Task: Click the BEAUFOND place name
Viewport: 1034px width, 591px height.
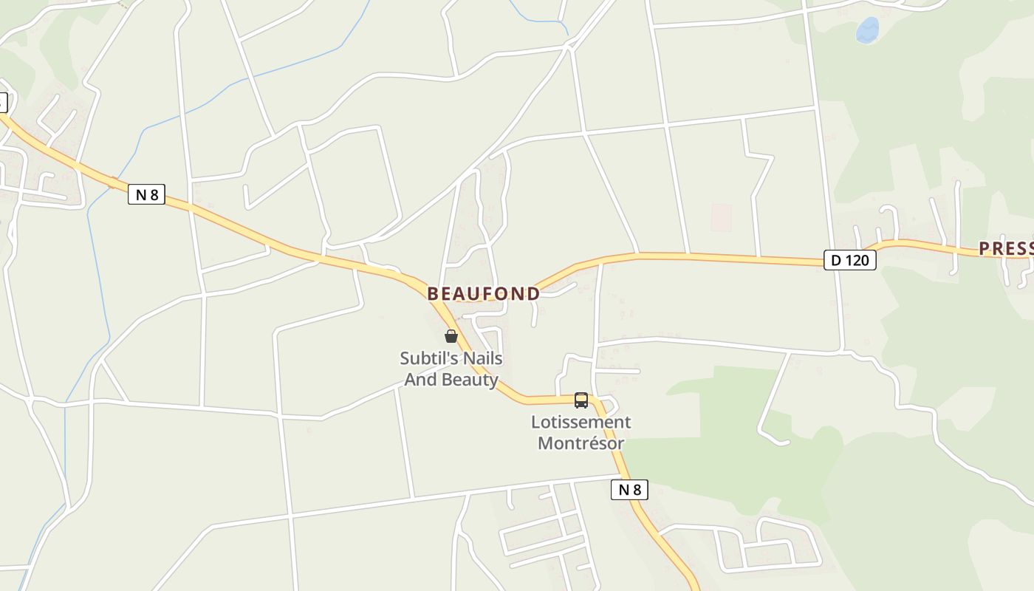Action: click(484, 293)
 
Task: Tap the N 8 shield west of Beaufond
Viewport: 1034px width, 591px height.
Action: click(146, 195)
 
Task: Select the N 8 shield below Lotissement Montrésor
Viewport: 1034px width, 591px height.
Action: click(629, 490)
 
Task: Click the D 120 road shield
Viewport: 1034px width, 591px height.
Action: click(849, 260)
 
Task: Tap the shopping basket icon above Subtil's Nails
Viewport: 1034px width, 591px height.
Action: click(451, 336)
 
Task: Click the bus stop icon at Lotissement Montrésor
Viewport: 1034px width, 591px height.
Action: click(581, 400)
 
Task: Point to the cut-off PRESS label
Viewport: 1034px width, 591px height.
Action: click(1005, 249)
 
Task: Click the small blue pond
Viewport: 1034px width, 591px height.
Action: click(867, 30)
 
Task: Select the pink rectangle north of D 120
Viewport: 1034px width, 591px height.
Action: click(721, 217)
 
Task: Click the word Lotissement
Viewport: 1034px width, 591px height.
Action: click(581, 423)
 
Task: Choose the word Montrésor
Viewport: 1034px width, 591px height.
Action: click(581, 444)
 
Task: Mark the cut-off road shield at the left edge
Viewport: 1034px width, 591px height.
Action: click(2, 102)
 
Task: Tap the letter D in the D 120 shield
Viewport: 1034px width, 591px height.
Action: click(836, 260)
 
